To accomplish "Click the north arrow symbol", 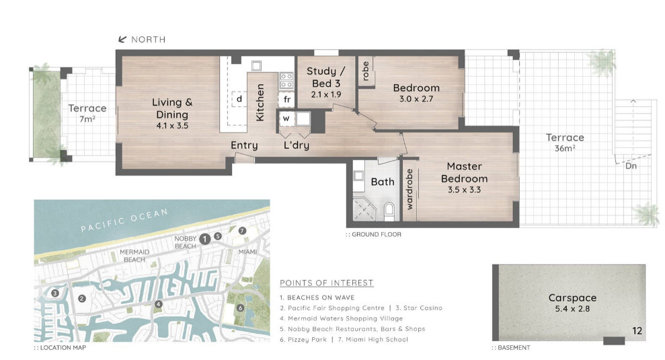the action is pyautogui.click(x=122, y=40).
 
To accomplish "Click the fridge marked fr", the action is pyautogui.click(x=286, y=100).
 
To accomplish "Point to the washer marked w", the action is pyautogui.click(x=286, y=118).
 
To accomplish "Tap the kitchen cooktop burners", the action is pyautogui.click(x=286, y=81).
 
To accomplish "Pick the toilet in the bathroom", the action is pyautogui.click(x=389, y=211).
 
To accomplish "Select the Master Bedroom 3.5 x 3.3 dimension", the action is pyautogui.click(x=465, y=190).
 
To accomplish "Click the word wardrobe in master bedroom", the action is pyautogui.click(x=409, y=189).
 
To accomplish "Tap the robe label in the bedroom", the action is pyautogui.click(x=366, y=71).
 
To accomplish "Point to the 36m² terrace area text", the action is pyautogui.click(x=565, y=148).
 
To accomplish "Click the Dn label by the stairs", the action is pyautogui.click(x=631, y=166).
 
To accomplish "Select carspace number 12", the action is pyautogui.click(x=637, y=330).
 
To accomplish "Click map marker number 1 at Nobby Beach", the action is pyautogui.click(x=205, y=240).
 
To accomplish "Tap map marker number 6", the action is pyautogui.click(x=241, y=308).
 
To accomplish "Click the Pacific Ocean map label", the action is pyautogui.click(x=124, y=220).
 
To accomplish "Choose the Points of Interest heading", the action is pyautogui.click(x=327, y=283).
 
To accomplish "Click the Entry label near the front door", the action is pyautogui.click(x=244, y=145).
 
